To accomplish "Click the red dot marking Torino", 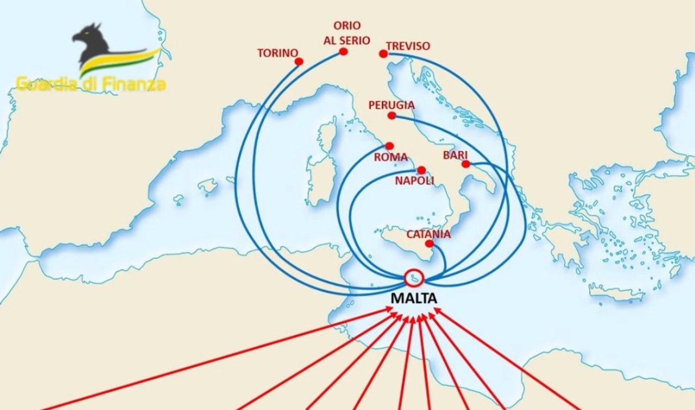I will [x=299, y=61].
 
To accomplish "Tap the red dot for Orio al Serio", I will [x=344, y=51].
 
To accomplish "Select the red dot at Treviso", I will [x=383, y=54].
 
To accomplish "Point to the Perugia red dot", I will [x=391, y=116].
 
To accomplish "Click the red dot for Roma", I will [x=390, y=146].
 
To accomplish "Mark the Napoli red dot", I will [x=421, y=170].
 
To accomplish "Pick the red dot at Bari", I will [x=465, y=164].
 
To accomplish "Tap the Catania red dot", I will [x=429, y=244].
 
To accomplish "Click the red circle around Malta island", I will [x=414, y=277].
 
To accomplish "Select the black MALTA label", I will [x=414, y=298].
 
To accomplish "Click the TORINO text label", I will [x=277, y=53].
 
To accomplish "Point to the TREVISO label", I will [x=408, y=46].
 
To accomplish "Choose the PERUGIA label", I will [x=391, y=105].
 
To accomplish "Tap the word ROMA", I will [x=391, y=157].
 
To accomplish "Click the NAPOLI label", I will [x=415, y=181].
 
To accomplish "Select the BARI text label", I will [x=455, y=154].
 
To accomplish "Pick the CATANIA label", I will [x=428, y=234].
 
